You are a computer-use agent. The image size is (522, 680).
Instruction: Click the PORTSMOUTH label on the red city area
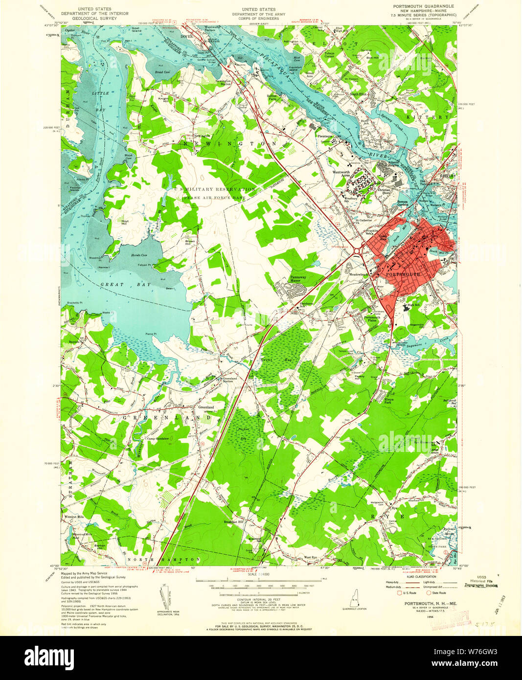coord(403,275)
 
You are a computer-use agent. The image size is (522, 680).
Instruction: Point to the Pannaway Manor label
coord(298,279)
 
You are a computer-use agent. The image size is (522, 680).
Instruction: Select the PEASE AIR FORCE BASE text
coord(214,198)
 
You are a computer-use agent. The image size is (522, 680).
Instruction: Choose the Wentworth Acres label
coord(341,174)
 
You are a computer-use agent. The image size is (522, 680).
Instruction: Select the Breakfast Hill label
coord(234,522)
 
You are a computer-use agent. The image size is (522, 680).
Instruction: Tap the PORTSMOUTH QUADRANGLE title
coord(423,6)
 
